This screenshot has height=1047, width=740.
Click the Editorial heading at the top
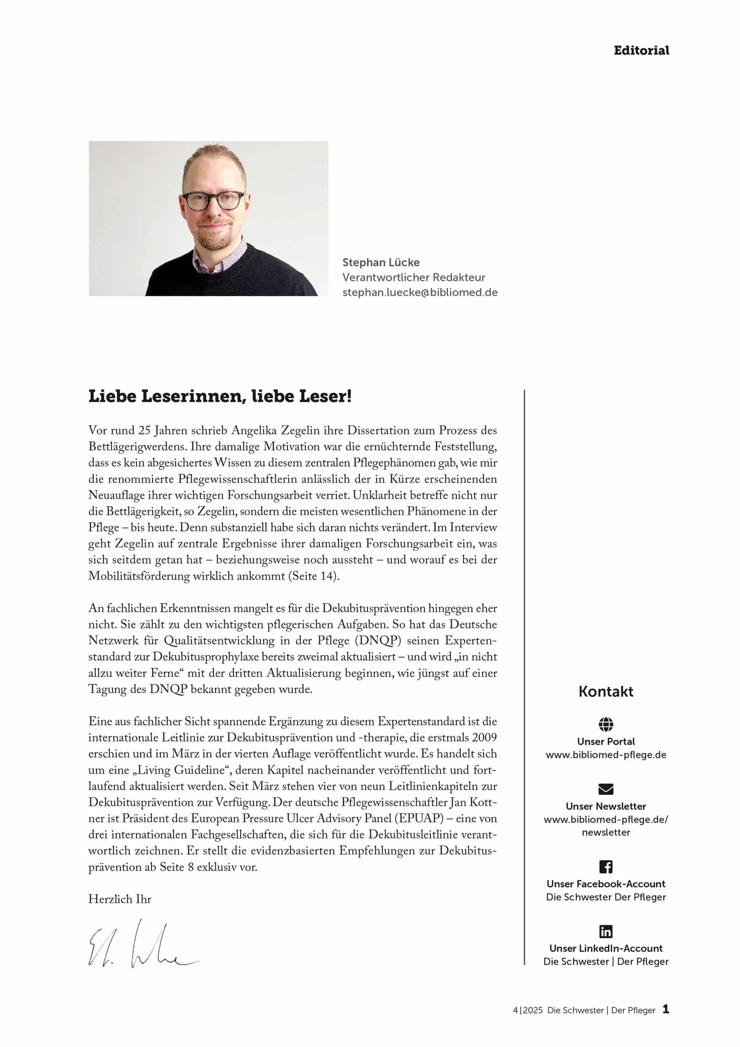[641, 51]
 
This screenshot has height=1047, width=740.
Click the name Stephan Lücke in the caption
[381, 262]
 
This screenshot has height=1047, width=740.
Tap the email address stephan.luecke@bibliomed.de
[419, 292]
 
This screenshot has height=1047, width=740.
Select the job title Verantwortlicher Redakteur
[414, 277]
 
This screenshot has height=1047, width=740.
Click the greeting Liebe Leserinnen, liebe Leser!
[220, 396]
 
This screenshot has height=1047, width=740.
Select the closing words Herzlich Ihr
[119, 899]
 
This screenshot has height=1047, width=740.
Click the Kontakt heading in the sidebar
[605, 691]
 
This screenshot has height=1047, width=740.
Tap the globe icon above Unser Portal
[605, 724]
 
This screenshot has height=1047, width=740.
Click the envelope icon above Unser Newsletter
[605, 789]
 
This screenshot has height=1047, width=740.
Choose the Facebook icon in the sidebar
[605, 866]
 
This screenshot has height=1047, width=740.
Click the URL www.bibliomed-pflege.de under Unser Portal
[605, 755]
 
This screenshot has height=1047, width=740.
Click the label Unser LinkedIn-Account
[605, 948]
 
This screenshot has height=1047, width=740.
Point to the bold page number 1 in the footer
[666, 1009]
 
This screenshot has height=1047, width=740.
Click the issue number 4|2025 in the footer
[527, 1010]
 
